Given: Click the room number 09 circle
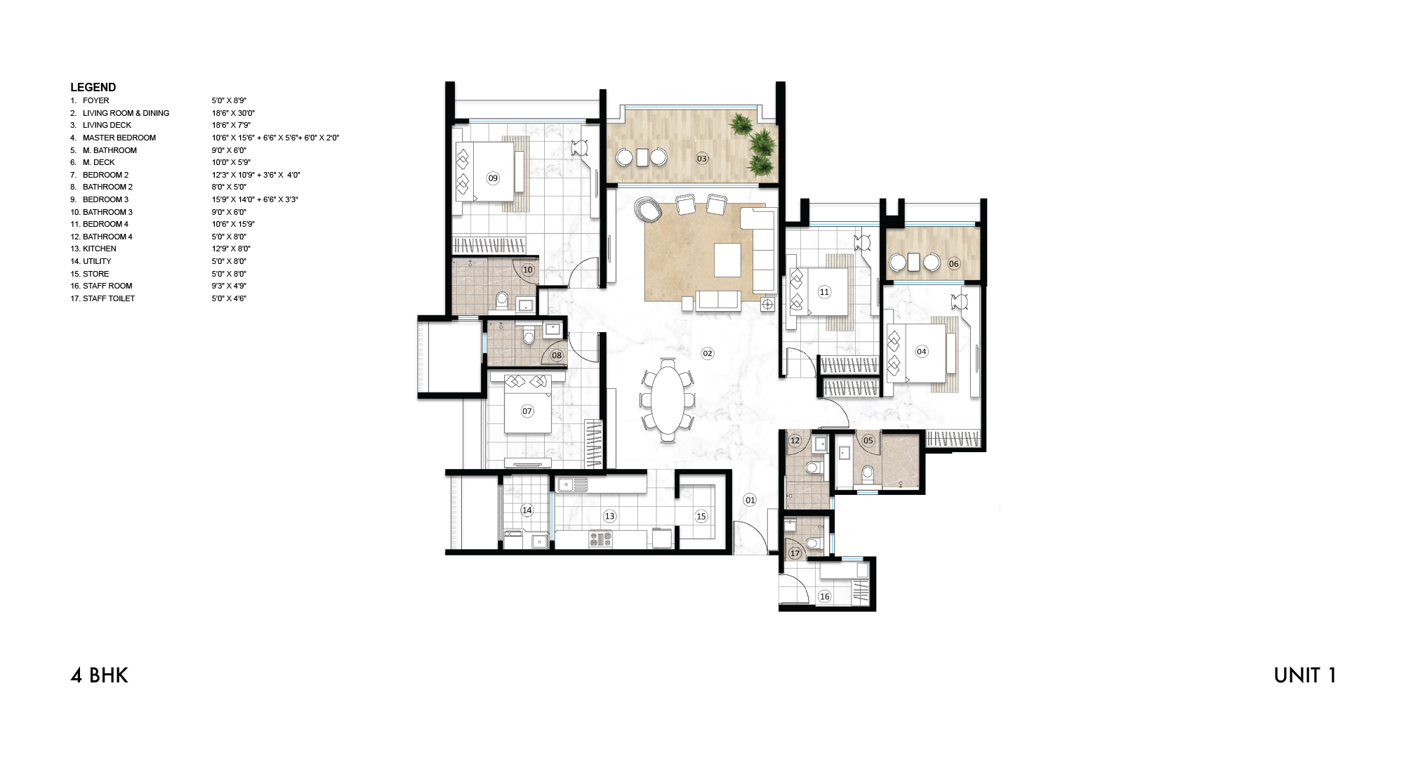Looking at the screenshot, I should (x=493, y=178).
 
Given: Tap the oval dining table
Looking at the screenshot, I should (x=667, y=401).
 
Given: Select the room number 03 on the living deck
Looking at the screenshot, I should (x=702, y=159).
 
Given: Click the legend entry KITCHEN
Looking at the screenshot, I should (x=99, y=249).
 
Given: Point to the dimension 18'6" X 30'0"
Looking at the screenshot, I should (x=233, y=113).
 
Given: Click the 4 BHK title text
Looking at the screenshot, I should (x=99, y=675).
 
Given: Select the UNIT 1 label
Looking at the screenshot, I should (x=1304, y=675).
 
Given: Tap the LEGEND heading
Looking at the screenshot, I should (x=93, y=87).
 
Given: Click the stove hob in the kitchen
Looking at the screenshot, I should (x=600, y=538).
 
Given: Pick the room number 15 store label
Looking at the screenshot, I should (x=701, y=516).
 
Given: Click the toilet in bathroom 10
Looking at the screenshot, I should (x=501, y=300).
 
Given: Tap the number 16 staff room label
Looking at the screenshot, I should (x=824, y=596).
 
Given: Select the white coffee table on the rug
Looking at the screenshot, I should (x=727, y=260).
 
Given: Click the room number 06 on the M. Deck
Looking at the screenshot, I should (x=953, y=264).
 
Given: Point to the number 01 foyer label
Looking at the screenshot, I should (x=750, y=500).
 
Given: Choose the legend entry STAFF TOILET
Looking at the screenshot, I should (x=108, y=298).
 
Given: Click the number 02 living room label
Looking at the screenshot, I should (x=708, y=353).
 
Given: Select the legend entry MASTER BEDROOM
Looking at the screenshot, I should (x=119, y=138).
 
